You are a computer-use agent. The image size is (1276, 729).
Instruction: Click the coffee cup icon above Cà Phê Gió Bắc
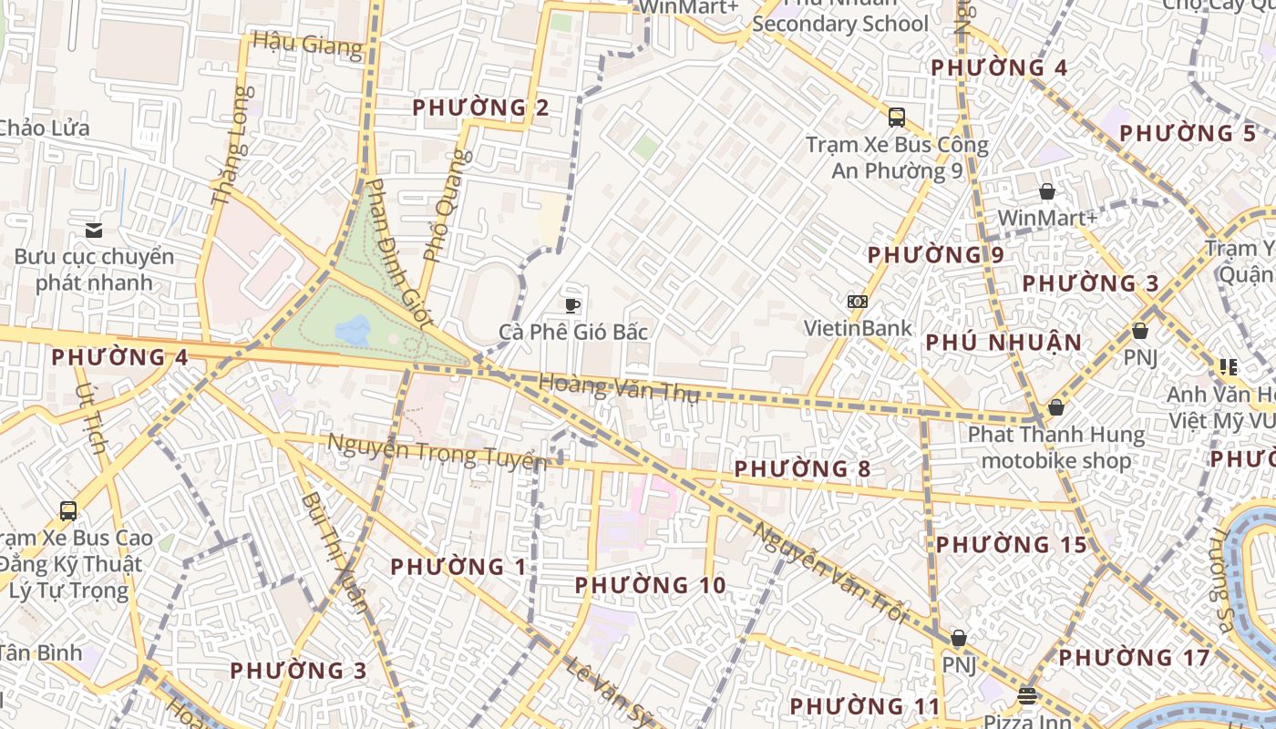(572, 304)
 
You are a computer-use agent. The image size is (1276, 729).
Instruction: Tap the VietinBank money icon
(857, 302)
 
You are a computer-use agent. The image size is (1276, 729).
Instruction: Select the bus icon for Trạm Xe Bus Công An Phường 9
(897, 117)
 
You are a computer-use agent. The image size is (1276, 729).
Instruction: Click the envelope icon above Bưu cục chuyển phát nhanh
(93, 230)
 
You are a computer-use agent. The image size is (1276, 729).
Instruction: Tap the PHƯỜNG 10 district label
(651, 585)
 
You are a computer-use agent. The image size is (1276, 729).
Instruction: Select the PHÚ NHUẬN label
(1004, 343)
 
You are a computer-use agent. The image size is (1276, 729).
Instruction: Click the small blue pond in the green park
(354, 330)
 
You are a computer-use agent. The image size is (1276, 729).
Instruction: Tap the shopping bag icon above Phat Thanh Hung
(1056, 406)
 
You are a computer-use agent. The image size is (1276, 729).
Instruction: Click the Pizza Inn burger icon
(1027, 696)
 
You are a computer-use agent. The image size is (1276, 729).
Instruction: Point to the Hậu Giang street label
(308, 44)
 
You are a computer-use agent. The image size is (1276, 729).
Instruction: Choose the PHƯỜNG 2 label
(480, 108)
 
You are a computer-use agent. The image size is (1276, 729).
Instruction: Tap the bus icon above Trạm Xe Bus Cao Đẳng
(67, 510)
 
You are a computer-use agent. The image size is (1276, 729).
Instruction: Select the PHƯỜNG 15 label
(1012, 545)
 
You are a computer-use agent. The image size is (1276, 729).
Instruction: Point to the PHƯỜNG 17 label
(1134, 657)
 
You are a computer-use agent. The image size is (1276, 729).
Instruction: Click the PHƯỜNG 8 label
(802, 469)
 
